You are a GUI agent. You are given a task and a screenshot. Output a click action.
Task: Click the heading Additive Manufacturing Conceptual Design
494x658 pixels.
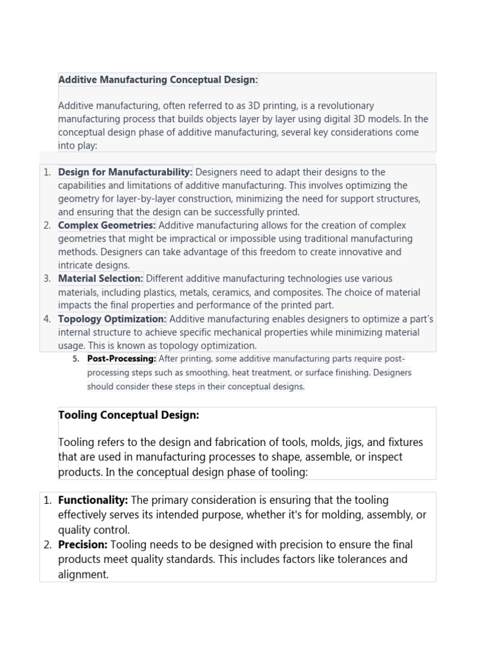point(158,80)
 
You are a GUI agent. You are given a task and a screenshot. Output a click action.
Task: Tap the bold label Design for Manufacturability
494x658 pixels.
point(125,172)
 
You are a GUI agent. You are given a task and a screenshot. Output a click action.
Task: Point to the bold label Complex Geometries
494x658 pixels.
point(107,226)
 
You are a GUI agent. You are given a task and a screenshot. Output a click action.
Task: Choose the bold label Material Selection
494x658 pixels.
point(100,279)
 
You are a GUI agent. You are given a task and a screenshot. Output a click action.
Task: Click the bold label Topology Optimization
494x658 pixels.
point(113,319)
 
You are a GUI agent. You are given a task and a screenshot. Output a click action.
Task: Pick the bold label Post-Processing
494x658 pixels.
point(122,359)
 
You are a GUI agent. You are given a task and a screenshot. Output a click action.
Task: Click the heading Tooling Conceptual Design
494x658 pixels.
point(129,415)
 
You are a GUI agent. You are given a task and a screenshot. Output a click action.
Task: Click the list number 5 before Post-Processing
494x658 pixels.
point(75,359)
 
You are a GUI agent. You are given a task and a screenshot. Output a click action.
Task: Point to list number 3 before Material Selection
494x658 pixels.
point(47,279)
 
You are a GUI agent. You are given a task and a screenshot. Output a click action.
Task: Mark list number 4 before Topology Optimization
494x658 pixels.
point(47,319)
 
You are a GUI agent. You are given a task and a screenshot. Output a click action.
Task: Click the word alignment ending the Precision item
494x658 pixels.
point(82,574)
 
